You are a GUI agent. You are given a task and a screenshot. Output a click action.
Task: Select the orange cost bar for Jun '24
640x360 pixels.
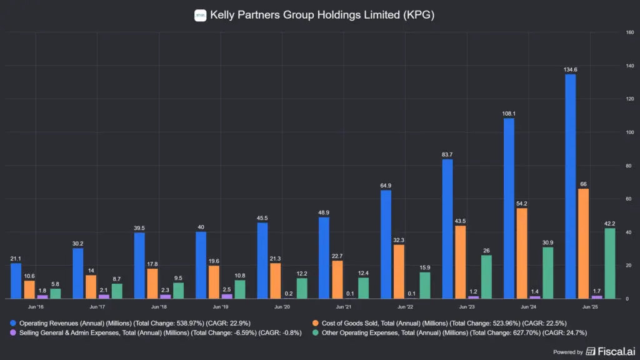521,253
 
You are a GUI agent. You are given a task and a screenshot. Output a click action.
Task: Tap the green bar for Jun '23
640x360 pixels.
487,277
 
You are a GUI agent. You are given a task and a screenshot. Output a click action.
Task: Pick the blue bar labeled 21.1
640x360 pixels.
16,281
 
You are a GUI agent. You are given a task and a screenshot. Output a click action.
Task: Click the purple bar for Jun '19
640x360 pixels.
226,296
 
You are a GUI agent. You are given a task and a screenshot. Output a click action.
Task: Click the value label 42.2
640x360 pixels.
609,223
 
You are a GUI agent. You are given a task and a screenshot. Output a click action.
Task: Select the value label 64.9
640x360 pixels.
386,185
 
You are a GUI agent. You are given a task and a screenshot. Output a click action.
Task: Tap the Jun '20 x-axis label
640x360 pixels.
282,307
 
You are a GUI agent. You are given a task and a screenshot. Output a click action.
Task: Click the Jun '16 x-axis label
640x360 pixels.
36,307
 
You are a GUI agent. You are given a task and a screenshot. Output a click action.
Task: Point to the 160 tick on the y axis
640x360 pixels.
630,32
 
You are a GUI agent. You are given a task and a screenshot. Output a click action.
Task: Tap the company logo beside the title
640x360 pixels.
201,15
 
